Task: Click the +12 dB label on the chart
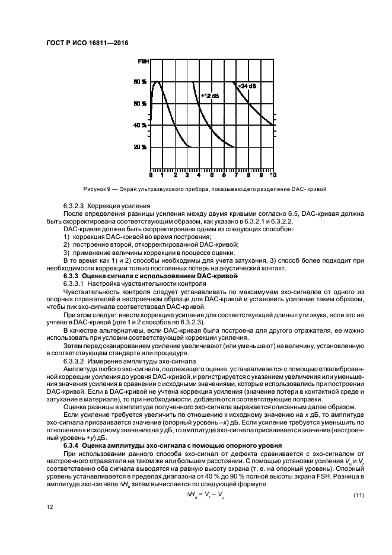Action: (x=210, y=95)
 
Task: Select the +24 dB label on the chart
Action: (x=247, y=86)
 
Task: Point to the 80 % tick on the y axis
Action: (x=140, y=82)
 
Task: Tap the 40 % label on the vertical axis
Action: (x=140, y=125)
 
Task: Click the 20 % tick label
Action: (x=140, y=147)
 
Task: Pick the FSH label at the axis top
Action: (x=142, y=62)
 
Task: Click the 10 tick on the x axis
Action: (x=272, y=176)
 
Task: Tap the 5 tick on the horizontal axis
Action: (x=212, y=176)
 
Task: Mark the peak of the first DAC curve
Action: (x=157, y=82)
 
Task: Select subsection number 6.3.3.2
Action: (x=75, y=361)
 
